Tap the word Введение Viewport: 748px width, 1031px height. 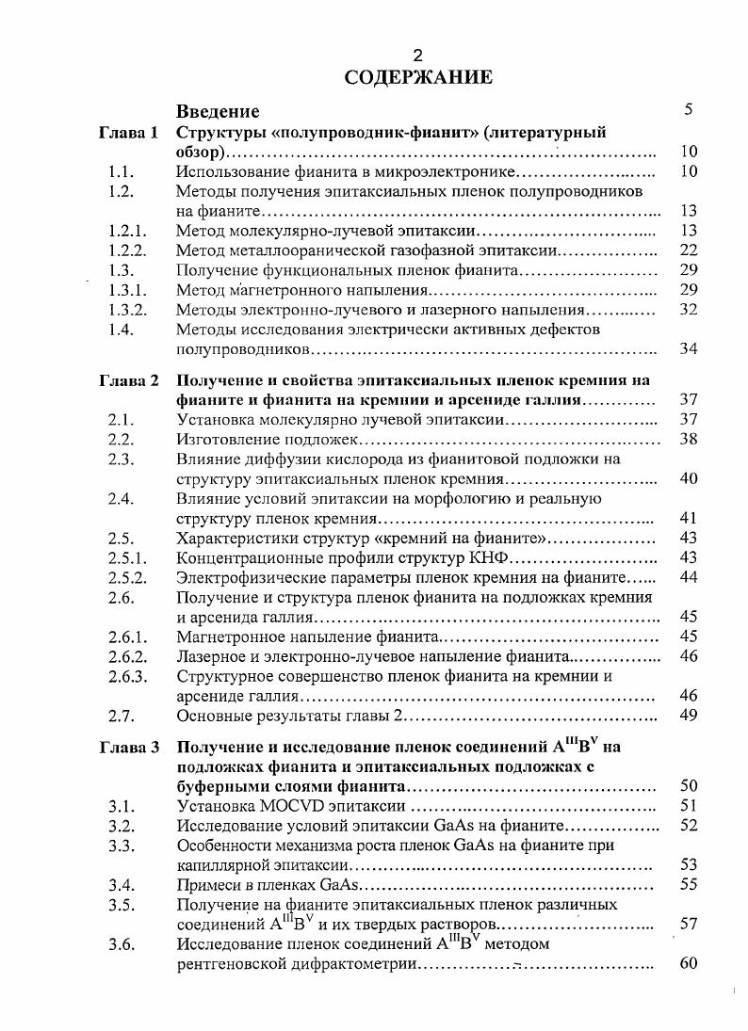click(x=219, y=112)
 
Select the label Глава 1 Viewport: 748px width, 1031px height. click(x=129, y=133)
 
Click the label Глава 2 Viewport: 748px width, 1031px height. click(x=129, y=380)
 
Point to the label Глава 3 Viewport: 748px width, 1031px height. click(x=129, y=748)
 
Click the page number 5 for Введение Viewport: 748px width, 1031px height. click(x=689, y=110)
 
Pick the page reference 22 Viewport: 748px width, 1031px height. click(x=688, y=250)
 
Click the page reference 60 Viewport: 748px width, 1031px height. click(x=688, y=964)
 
